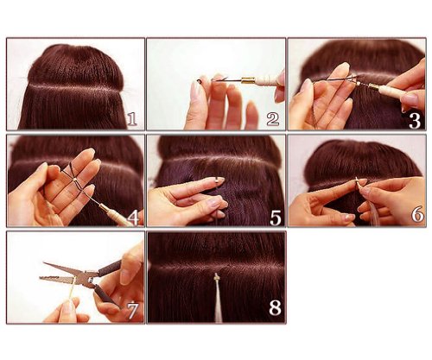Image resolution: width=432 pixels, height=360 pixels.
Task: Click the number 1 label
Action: (x=131, y=118)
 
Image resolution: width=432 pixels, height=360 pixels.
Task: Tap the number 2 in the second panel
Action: (x=272, y=118)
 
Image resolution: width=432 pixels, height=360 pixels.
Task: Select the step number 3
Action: (x=413, y=119)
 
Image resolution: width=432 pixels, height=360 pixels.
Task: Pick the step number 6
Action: (x=414, y=215)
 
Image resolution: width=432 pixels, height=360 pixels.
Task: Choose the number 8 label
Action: (x=272, y=309)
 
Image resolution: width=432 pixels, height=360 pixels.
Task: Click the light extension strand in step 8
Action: (x=215, y=306)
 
